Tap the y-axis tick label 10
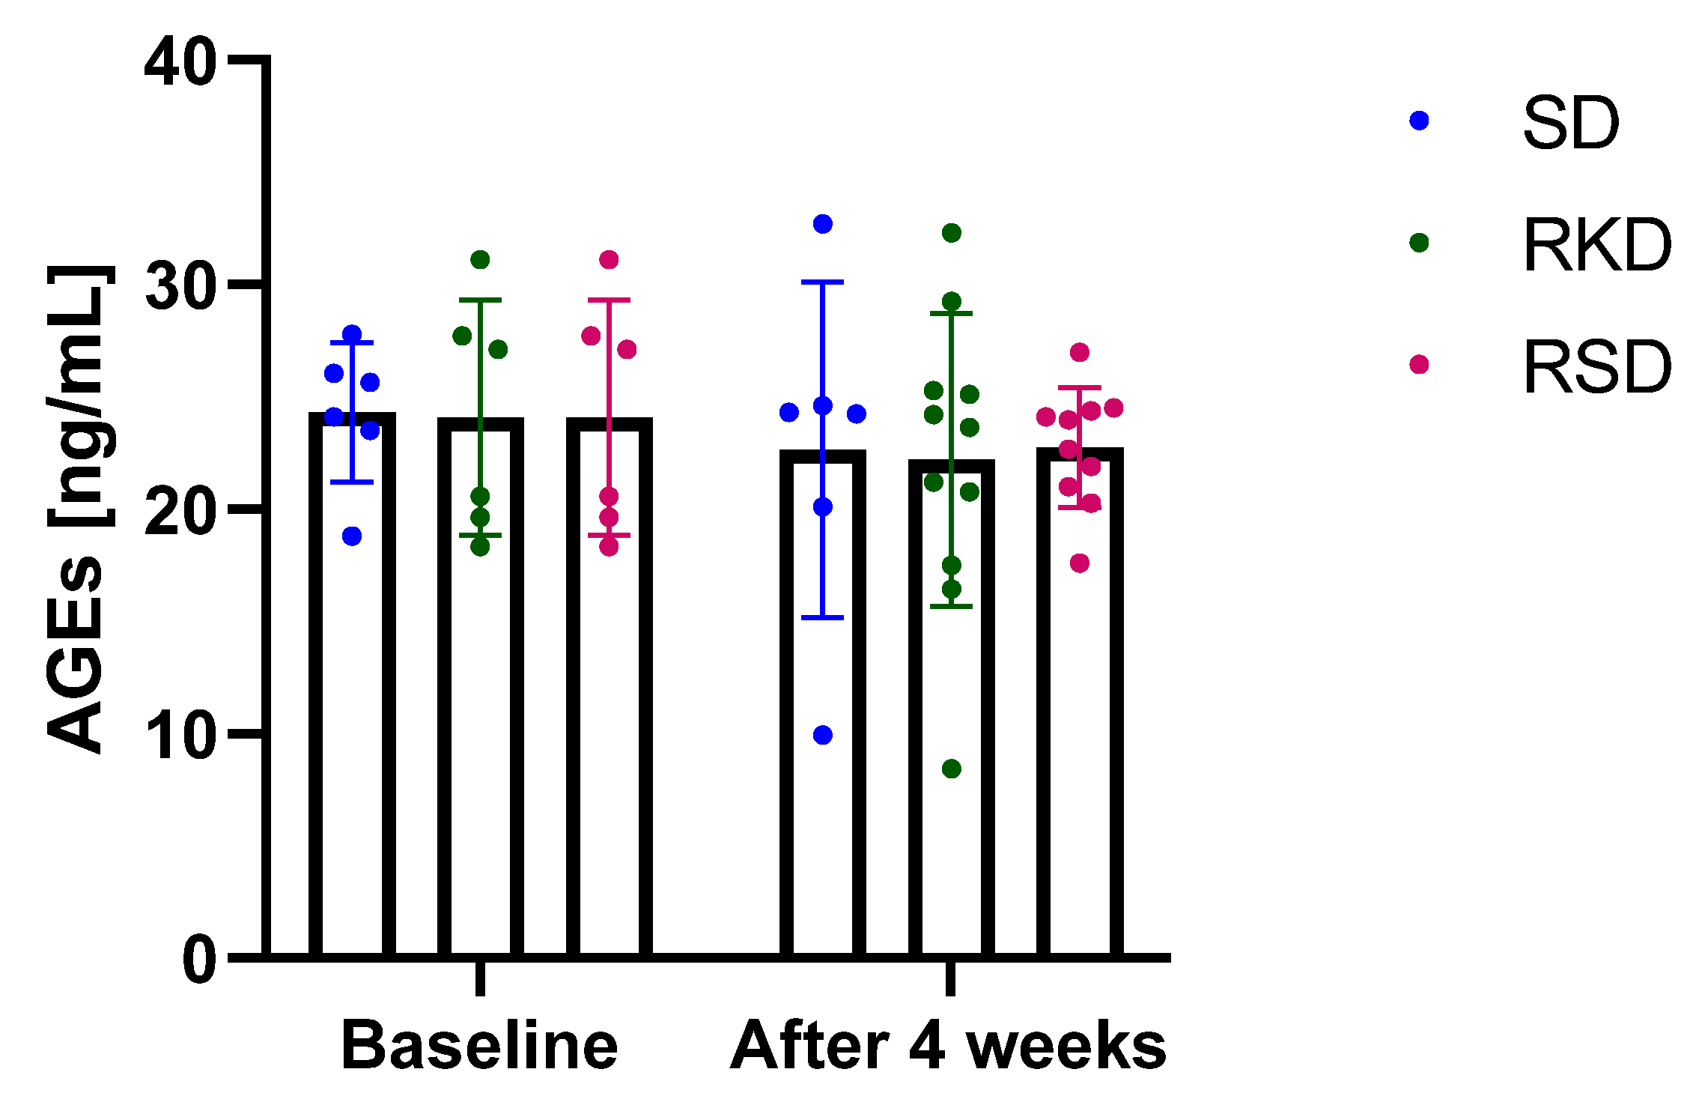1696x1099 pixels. tap(180, 735)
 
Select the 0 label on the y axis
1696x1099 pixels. tap(199, 960)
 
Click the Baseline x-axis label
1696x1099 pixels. tap(479, 1046)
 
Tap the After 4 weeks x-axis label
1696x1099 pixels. tap(948, 1046)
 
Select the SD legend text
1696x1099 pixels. tap(1571, 124)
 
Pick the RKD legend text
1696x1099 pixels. tap(1596, 245)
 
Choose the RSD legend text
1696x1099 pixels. tap(1596, 367)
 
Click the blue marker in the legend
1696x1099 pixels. tap(1419, 121)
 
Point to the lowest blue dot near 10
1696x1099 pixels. tap(823, 735)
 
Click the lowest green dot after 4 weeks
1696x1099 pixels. tap(952, 769)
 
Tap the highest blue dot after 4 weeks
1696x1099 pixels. tap(823, 224)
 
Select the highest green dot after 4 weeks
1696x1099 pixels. tap(952, 233)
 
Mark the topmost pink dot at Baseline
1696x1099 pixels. tap(609, 260)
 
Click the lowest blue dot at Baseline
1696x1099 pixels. tap(352, 536)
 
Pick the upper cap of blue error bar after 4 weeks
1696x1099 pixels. tap(823, 282)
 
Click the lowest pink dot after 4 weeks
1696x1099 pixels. tap(1080, 563)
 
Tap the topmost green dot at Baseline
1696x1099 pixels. tap(480, 260)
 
